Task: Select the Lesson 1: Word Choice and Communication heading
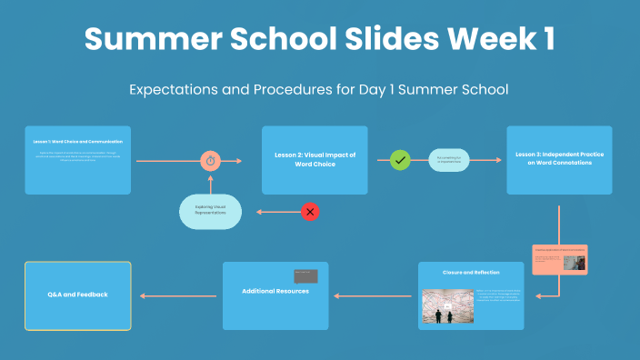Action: coord(78,142)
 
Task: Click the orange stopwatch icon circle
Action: coord(211,161)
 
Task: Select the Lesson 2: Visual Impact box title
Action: coord(315,160)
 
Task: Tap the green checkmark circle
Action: coord(400,161)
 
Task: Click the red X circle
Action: coord(310,212)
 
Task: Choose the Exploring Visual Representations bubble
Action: coord(211,212)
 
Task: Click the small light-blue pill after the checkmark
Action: coord(449,161)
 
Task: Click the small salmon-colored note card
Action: coord(559,260)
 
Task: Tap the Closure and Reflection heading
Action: coord(471,272)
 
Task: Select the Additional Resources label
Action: coord(275,291)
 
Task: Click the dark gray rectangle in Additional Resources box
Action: coord(305,275)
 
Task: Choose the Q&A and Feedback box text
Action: coord(77,295)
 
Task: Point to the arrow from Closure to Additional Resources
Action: coord(374,295)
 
